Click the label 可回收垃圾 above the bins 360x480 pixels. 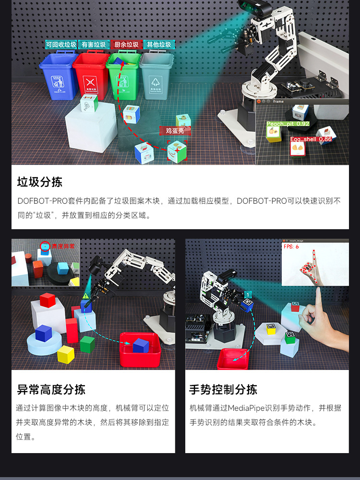click(x=61, y=45)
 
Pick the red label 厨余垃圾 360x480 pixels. click(x=126, y=45)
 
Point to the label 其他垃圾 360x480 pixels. click(x=159, y=45)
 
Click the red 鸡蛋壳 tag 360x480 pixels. click(x=175, y=130)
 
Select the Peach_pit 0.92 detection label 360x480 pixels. click(x=288, y=124)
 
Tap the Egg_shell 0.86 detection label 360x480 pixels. click(x=311, y=139)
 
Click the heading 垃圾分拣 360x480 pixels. click(x=40, y=182)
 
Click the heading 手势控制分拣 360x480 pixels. click(x=223, y=389)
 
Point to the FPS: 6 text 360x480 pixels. click(x=291, y=246)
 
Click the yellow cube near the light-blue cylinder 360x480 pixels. click(x=66, y=354)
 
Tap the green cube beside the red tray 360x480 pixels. click(x=87, y=344)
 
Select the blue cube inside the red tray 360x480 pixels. click(x=141, y=345)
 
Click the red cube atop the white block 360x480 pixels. click(x=48, y=300)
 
